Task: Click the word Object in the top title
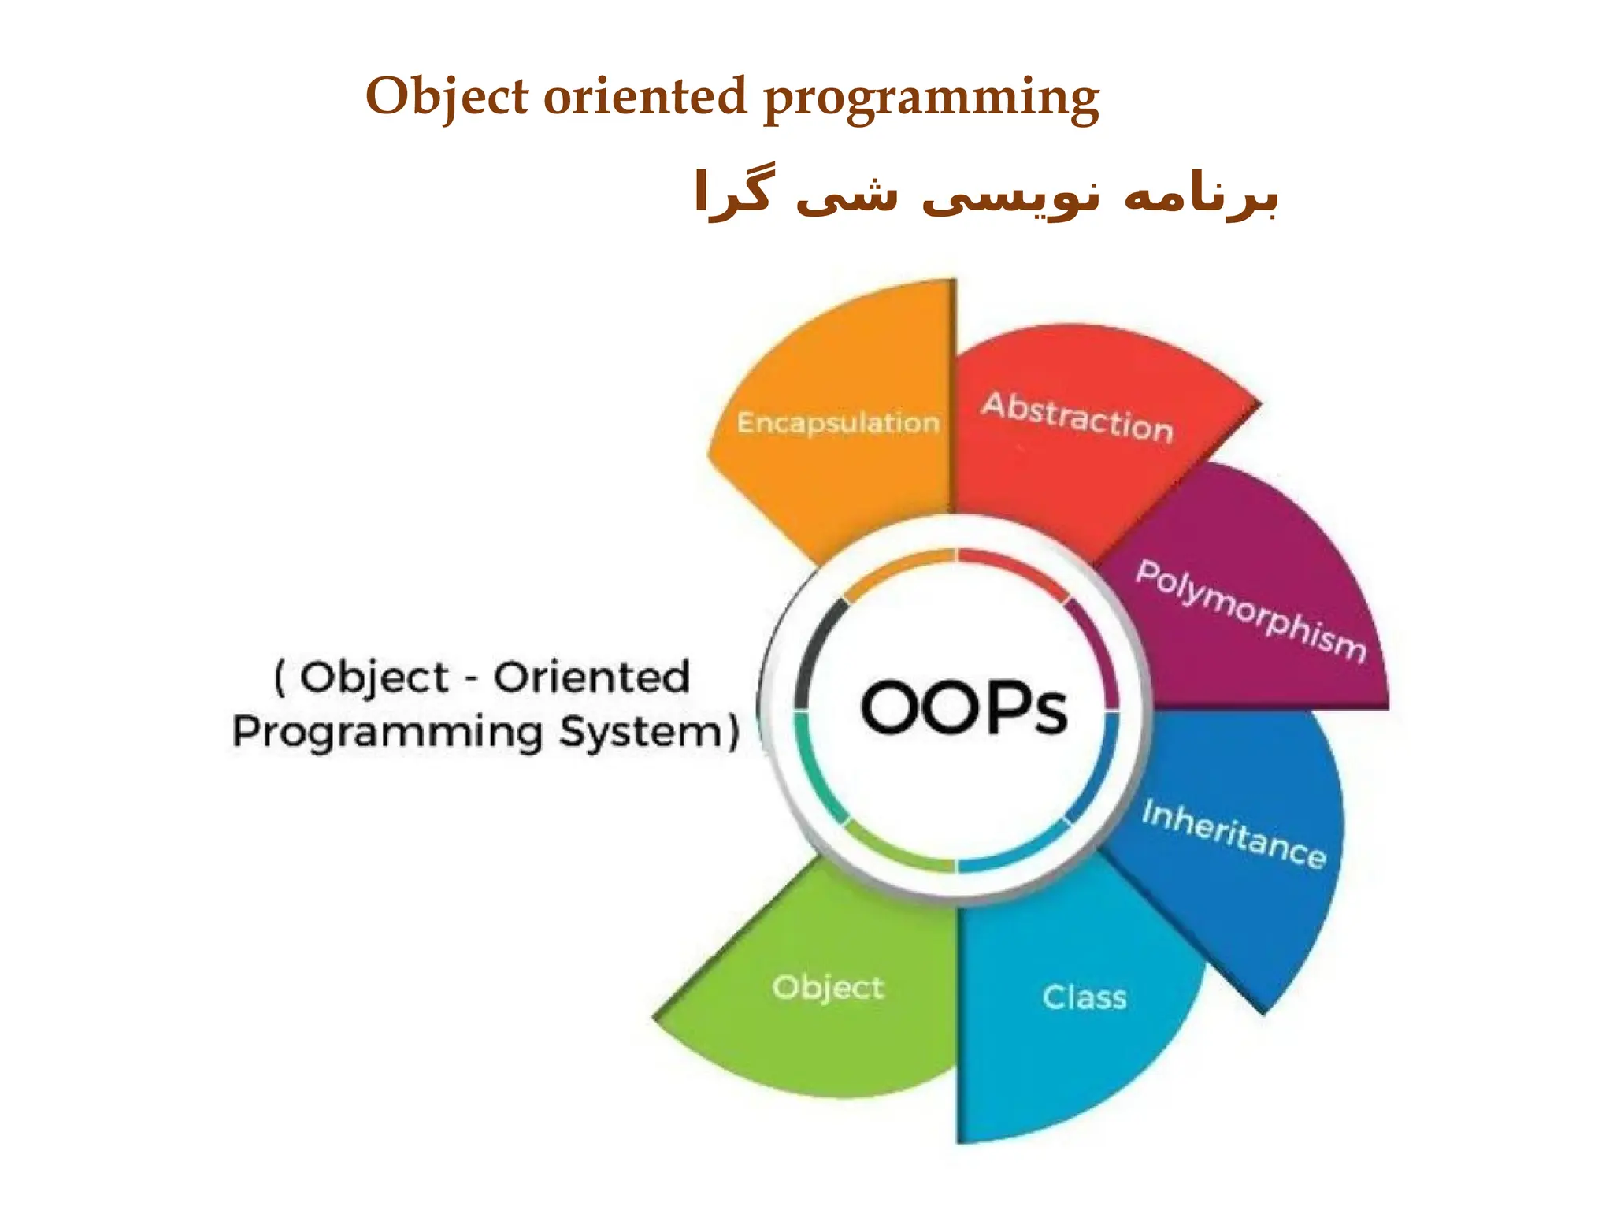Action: tap(447, 98)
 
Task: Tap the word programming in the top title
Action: tap(931, 99)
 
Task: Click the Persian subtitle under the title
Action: tap(984, 194)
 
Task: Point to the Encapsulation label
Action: tap(838, 423)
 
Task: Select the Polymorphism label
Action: tap(1250, 611)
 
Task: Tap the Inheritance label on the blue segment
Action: tap(1233, 833)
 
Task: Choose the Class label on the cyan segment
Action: tap(1085, 997)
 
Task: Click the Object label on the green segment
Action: tap(828, 988)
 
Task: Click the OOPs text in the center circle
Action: tap(963, 707)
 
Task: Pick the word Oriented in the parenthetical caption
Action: tap(591, 677)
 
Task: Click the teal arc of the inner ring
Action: tap(811, 768)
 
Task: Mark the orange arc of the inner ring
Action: tap(898, 566)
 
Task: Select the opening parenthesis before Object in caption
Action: tap(280, 677)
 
